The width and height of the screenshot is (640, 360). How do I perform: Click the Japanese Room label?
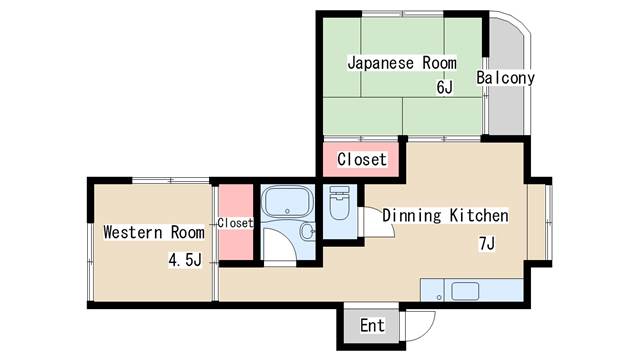(x=402, y=63)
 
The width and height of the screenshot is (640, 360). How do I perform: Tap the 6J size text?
(x=444, y=87)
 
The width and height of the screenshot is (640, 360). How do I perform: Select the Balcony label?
(x=505, y=78)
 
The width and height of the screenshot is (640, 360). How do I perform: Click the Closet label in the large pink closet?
(x=362, y=159)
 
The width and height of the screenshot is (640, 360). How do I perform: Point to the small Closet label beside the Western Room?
(x=235, y=223)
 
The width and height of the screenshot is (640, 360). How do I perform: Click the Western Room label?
(x=154, y=232)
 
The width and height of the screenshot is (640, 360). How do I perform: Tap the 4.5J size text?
(x=185, y=260)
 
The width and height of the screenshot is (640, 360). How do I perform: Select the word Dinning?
(x=412, y=216)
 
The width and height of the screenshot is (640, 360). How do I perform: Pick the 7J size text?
(x=487, y=244)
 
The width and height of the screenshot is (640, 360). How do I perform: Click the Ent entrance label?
(x=372, y=326)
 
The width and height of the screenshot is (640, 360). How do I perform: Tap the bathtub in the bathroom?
(x=287, y=202)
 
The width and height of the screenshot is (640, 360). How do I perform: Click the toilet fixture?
(x=340, y=203)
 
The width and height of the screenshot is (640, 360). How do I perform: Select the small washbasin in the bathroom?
(x=307, y=231)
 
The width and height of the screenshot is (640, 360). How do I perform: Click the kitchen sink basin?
(x=465, y=291)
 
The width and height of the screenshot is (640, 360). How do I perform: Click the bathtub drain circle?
(x=287, y=211)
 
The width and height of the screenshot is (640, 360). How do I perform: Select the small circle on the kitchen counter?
(x=439, y=298)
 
